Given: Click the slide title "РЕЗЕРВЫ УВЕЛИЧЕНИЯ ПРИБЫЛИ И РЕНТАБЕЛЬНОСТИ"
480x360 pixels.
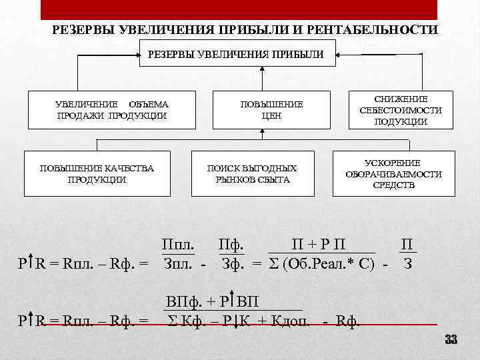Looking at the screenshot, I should pyautogui.click(x=245, y=31).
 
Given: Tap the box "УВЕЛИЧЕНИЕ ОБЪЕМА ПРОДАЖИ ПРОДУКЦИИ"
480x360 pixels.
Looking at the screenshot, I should pyautogui.click(x=111, y=110).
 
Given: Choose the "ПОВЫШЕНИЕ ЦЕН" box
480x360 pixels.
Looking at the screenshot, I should pyautogui.click(x=271, y=110).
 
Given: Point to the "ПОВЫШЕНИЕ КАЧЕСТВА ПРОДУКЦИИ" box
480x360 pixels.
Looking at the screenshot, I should pyautogui.click(x=97, y=173).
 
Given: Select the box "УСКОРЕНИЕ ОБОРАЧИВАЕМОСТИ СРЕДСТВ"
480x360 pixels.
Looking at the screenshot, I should pyautogui.click(x=393, y=173).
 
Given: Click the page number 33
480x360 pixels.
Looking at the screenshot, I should pyautogui.click(x=451, y=341).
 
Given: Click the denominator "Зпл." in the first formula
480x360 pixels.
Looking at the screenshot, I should pyautogui.click(x=179, y=263).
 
